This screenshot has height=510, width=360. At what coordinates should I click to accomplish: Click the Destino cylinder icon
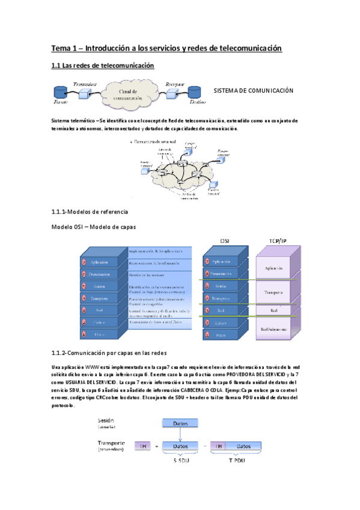pyautogui.click(x=194, y=93)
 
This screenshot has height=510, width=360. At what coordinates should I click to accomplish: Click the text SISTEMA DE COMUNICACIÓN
pyautogui.click(x=254, y=90)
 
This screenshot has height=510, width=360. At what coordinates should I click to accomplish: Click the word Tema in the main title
pyautogui.click(x=61, y=48)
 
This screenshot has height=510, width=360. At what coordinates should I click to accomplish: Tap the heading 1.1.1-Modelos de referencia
pyautogui.click(x=90, y=212)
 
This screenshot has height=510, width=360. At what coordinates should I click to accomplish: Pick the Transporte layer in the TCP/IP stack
pyautogui.click(x=273, y=293)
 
